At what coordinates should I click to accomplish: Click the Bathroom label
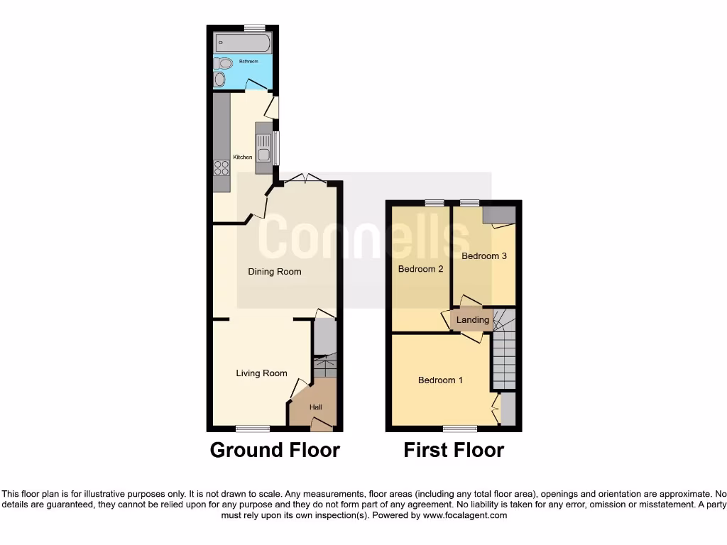[x=248, y=62]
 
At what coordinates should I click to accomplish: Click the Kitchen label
[x=243, y=157]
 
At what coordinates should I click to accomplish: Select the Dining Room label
[x=274, y=272]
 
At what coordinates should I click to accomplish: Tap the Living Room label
[x=261, y=373]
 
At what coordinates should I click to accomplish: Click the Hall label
[x=316, y=407]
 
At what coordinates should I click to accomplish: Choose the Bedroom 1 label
[x=440, y=380]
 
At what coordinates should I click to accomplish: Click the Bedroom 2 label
[x=420, y=269]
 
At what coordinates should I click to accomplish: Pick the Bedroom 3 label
[x=484, y=256]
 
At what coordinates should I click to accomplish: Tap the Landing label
[x=473, y=320]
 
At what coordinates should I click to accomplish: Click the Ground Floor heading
[x=275, y=450]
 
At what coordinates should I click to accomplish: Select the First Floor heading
[x=454, y=450]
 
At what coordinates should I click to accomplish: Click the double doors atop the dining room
[x=305, y=180]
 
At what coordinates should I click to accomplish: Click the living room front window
[x=253, y=429]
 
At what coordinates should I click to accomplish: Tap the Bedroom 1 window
[x=461, y=429]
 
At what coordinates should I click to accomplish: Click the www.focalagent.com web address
[x=466, y=516]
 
